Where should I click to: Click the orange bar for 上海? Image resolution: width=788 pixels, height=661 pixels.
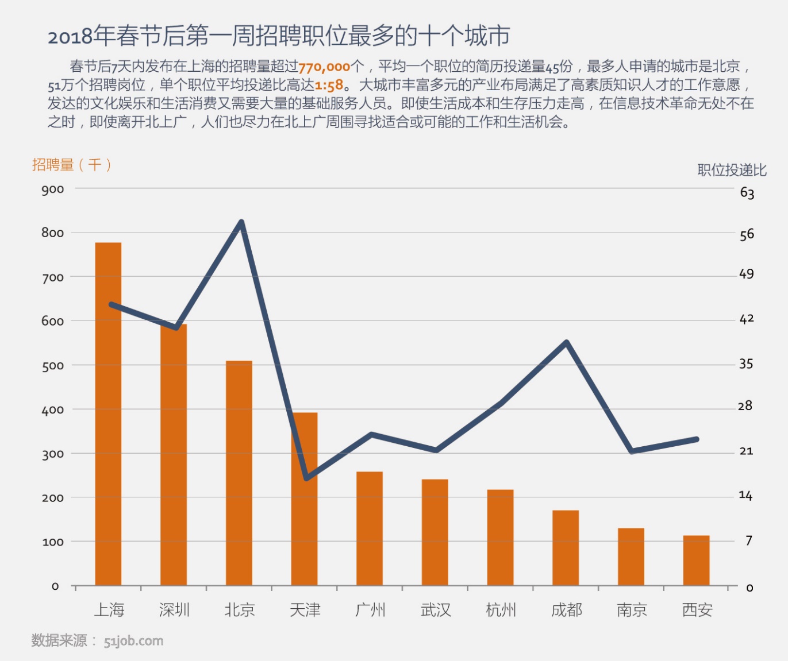108,413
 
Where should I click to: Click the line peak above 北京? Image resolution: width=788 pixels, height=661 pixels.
241,222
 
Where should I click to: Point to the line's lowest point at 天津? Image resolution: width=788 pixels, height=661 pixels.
306,478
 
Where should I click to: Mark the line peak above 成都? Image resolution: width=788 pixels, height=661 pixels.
567,342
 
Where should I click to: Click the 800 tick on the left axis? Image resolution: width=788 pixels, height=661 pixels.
52,233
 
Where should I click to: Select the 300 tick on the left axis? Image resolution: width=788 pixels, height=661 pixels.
52,454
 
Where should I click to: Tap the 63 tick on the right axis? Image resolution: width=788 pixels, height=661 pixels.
747,192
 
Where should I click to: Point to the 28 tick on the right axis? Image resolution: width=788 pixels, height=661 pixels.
745,406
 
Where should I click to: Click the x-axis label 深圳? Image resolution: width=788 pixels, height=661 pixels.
174,609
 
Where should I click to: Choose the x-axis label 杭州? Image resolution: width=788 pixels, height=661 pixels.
501,609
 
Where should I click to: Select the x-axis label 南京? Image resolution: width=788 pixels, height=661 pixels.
632,609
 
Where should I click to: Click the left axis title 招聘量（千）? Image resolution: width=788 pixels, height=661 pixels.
71,165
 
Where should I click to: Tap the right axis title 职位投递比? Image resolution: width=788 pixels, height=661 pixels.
732,169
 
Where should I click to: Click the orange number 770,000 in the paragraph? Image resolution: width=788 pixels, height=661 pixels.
324,67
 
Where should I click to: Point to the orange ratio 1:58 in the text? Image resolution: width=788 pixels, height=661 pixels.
329,86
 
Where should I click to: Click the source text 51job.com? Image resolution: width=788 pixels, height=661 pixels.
133,641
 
